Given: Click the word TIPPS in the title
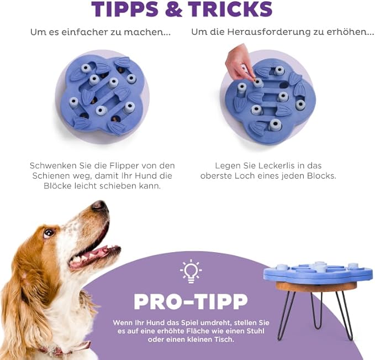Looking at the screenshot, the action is pyautogui.click(x=125, y=9).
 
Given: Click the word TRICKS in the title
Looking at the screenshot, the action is pyautogui.click(x=230, y=9).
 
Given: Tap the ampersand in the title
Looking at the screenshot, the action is pyautogui.click(x=173, y=9).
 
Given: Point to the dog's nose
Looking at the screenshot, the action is pyautogui.click(x=100, y=206).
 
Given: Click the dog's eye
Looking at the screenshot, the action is pyautogui.click(x=49, y=233).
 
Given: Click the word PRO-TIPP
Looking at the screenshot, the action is pyautogui.click(x=191, y=301).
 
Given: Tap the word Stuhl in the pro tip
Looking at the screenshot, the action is pyautogui.click(x=255, y=331).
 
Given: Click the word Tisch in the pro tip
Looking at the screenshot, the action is pyautogui.click(x=224, y=340).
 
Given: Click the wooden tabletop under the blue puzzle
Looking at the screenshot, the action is pyautogui.click(x=316, y=286).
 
